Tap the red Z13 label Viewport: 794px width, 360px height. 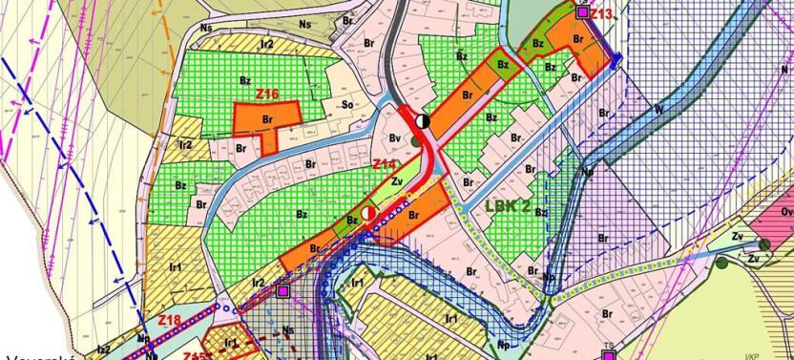[x=601, y=14]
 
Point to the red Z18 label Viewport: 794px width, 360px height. [x=169, y=319]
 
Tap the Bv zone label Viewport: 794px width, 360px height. [x=394, y=139]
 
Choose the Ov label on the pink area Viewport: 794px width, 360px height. [x=787, y=212]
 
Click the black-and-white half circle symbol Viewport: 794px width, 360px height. [x=424, y=121]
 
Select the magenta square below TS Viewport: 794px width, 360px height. [x=608, y=355]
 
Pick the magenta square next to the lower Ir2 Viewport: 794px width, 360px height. [x=282, y=289]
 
